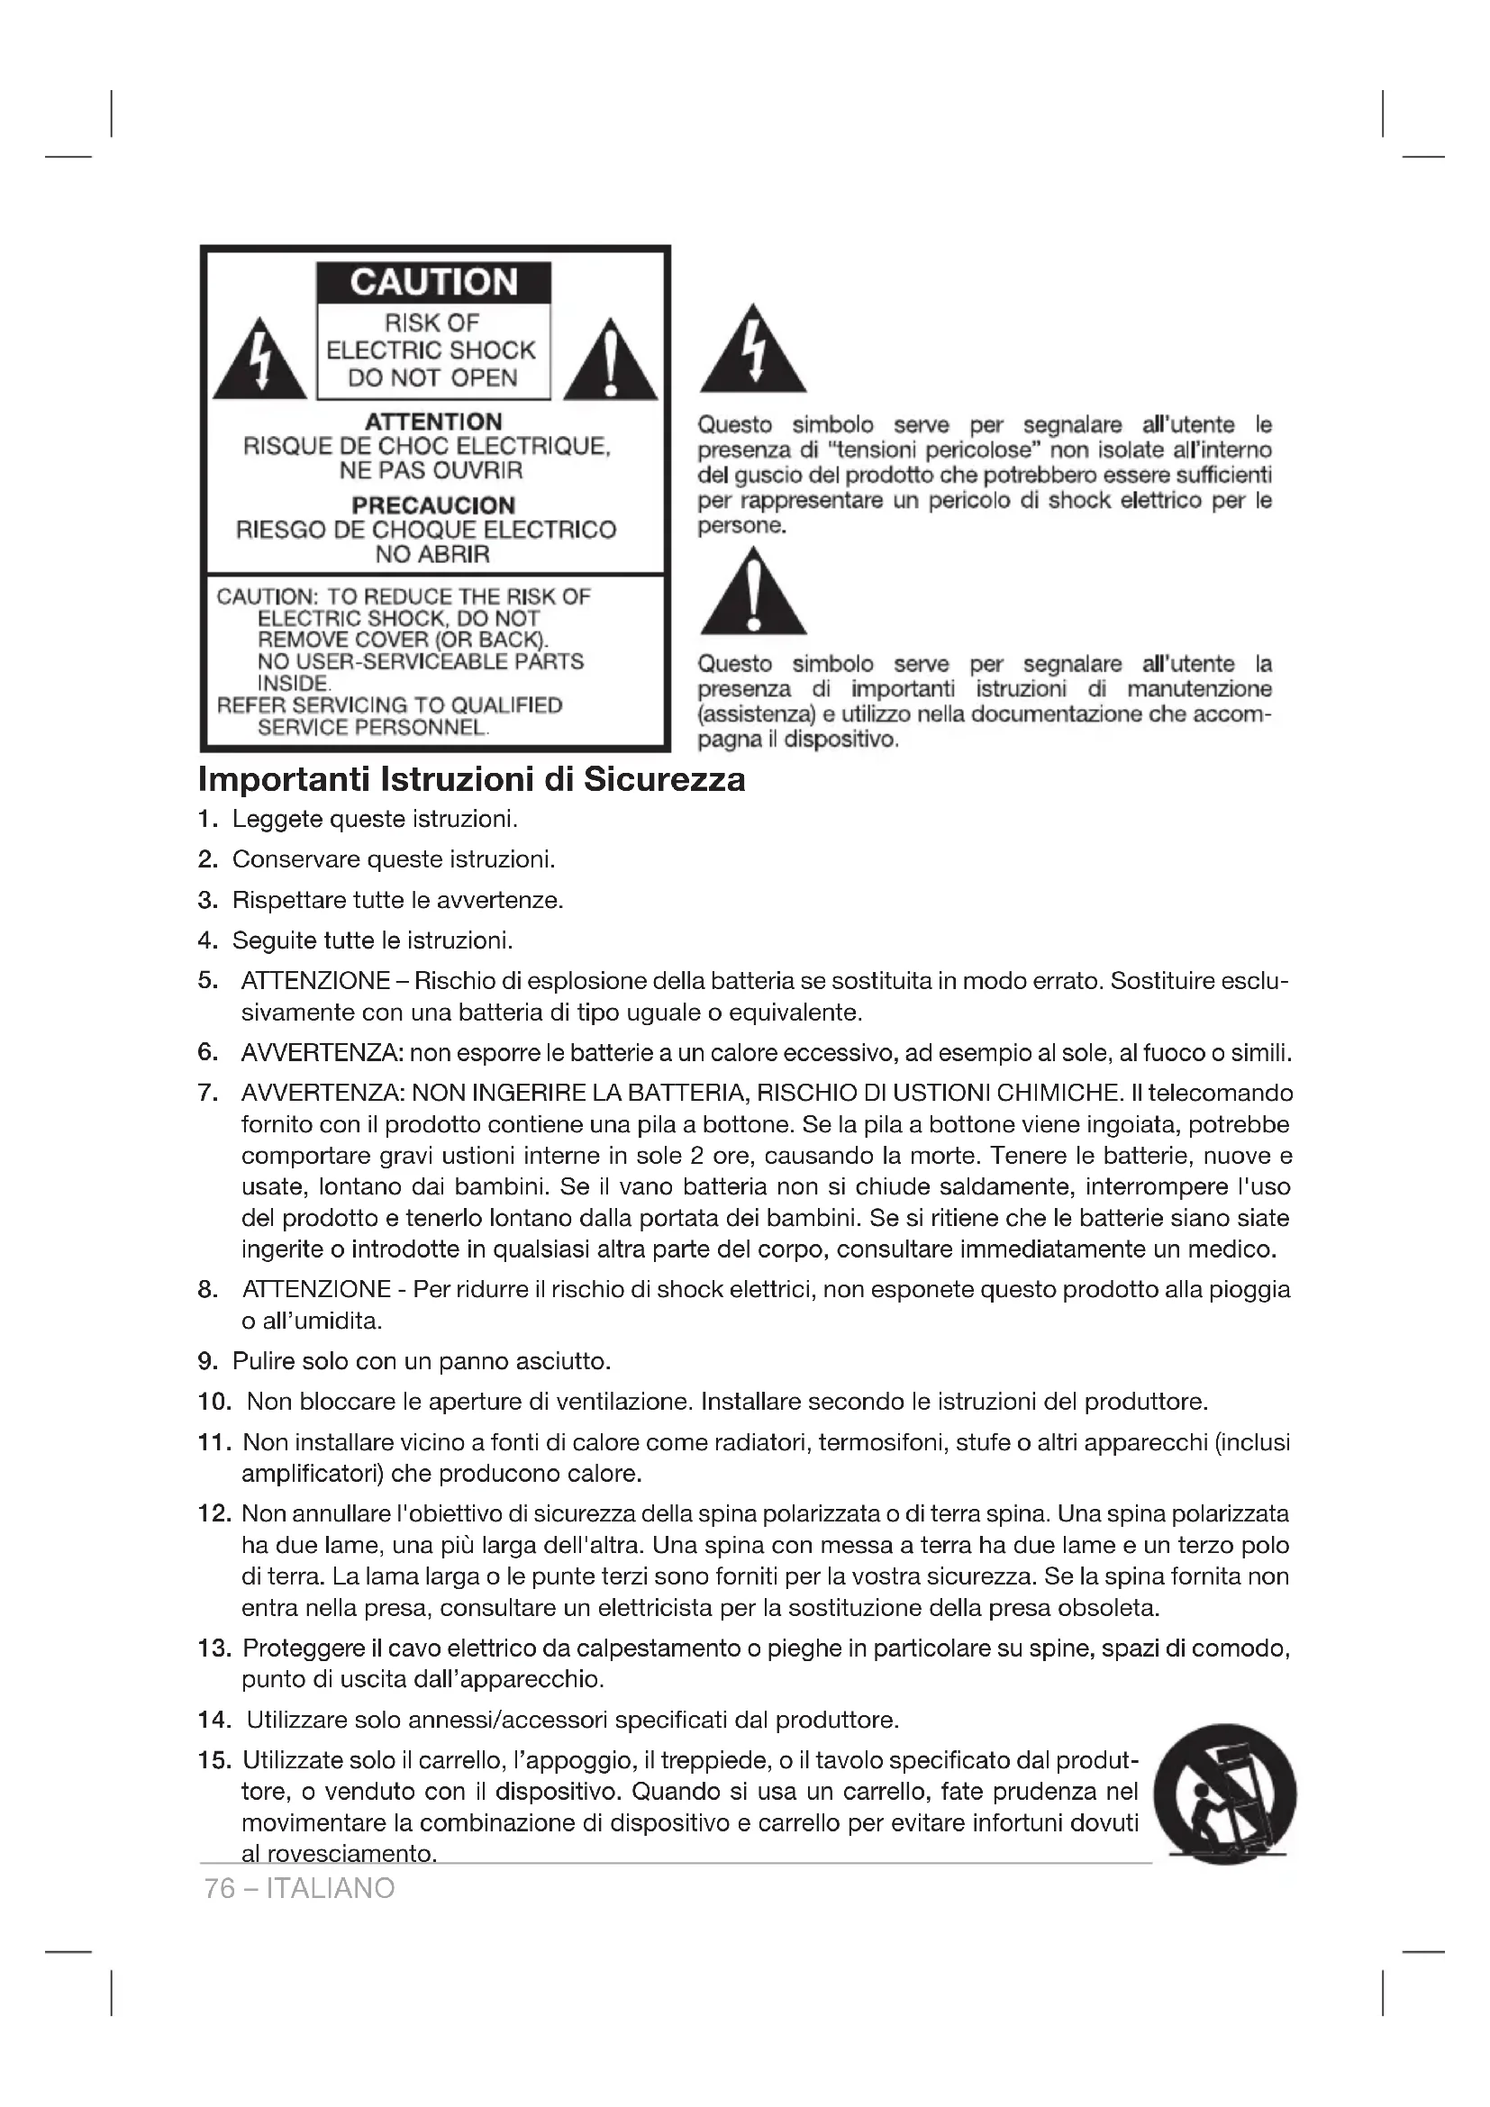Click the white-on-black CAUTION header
click(434, 283)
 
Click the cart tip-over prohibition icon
click(1224, 1794)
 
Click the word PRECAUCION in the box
click(434, 504)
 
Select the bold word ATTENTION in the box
click(434, 422)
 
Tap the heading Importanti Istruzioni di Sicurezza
click(471, 779)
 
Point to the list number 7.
click(208, 1093)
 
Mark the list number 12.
click(214, 1513)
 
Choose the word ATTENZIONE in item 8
click(317, 1289)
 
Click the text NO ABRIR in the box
click(433, 554)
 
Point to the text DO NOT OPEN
click(433, 378)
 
